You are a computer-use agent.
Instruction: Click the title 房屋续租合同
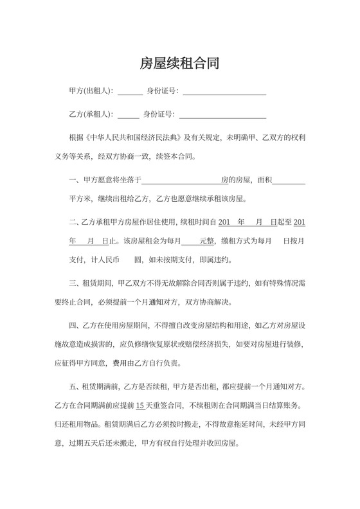(x=179, y=63)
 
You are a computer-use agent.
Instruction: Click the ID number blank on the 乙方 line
(x=222, y=116)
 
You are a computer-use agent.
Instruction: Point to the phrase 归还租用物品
(x=76, y=424)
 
